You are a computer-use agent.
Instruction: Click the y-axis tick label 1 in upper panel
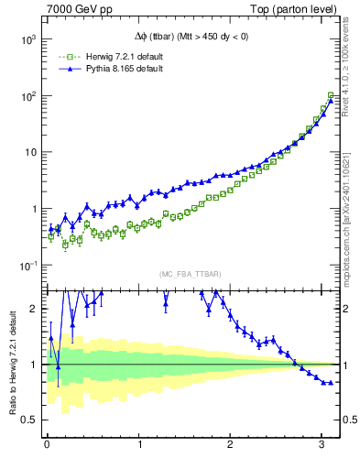pyautogui.click(x=34, y=209)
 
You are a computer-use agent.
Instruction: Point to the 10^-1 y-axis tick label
pyautogui.click(x=26, y=266)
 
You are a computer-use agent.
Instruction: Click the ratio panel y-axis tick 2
pyautogui.click(x=34, y=309)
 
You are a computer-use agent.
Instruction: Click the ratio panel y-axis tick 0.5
pyautogui.click(x=29, y=420)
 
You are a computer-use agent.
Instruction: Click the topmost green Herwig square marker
pyautogui.click(x=331, y=95)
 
